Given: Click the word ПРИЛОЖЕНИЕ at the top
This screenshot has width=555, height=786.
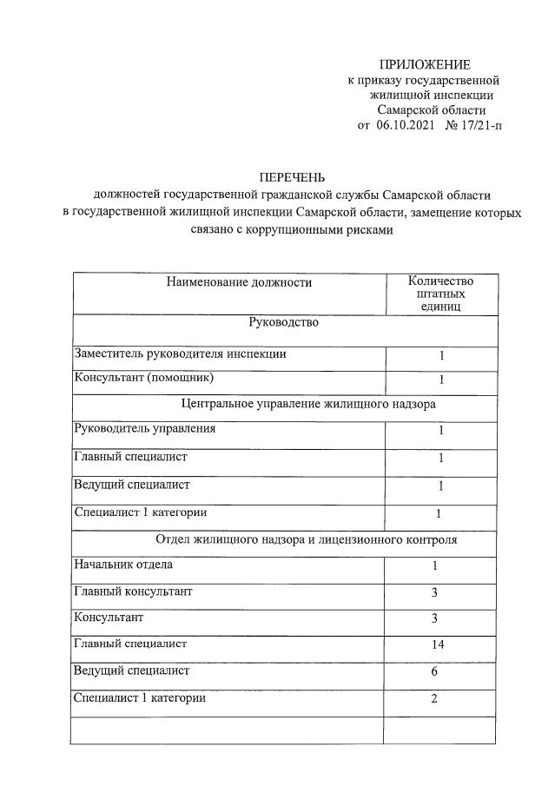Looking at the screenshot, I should tap(425, 64).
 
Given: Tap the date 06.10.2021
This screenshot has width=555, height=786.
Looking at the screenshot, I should tap(405, 125).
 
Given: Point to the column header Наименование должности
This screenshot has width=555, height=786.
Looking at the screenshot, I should tap(228, 281).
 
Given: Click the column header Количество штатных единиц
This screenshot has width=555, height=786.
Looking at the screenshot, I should tap(441, 294).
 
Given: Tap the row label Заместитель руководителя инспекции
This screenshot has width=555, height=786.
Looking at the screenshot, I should tap(179, 354).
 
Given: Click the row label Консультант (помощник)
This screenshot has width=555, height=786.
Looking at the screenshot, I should tap(143, 379).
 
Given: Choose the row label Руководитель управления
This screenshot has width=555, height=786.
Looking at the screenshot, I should tap(146, 429).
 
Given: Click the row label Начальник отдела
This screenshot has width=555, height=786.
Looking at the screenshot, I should tap(123, 565).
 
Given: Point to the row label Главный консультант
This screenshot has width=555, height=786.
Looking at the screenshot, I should tap(133, 591).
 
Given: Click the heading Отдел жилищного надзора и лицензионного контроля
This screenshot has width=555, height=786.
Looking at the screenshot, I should tap(307, 539).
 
